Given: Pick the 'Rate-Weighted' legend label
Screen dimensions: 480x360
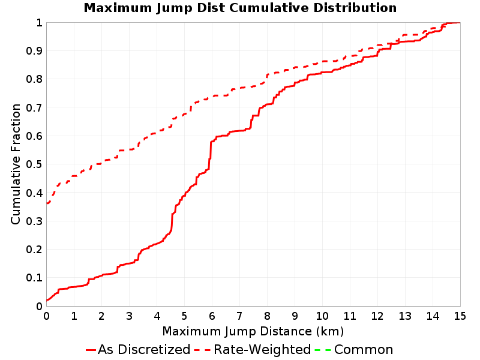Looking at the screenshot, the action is click(x=262, y=349).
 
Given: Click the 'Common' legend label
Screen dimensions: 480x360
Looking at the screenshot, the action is click(x=364, y=349).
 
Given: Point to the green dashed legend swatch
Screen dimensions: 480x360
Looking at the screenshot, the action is click(x=323, y=350).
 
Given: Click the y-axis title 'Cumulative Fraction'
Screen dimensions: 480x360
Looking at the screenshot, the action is click(x=16, y=164).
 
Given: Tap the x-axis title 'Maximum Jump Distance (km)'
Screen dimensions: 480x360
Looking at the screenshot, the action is click(x=253, y=331).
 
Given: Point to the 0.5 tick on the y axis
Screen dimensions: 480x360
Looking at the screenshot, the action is click(x=34, y=164).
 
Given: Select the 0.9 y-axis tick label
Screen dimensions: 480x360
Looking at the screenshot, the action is click(x=34, y=51).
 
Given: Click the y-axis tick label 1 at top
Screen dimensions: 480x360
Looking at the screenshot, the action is click(x=39, y=23).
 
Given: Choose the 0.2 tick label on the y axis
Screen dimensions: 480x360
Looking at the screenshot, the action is click(x=34, y=250).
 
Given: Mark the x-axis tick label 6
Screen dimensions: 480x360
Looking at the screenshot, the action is click(x=212, y=316).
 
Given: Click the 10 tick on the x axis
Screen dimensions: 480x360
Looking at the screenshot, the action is click(x=322, y=316).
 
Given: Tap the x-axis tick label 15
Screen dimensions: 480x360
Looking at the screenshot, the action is click(x=460, y=316).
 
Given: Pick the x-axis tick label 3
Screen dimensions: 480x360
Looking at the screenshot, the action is click(x=129, y=316).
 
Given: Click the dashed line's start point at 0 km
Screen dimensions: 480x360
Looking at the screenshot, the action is click(x=47, y=203).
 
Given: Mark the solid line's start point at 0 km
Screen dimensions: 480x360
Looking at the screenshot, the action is click(x=47, y=300).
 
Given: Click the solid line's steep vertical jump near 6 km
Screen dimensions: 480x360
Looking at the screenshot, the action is click(x=211, y=155).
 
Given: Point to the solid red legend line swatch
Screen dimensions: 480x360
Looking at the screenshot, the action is click(x=91, y=350).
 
